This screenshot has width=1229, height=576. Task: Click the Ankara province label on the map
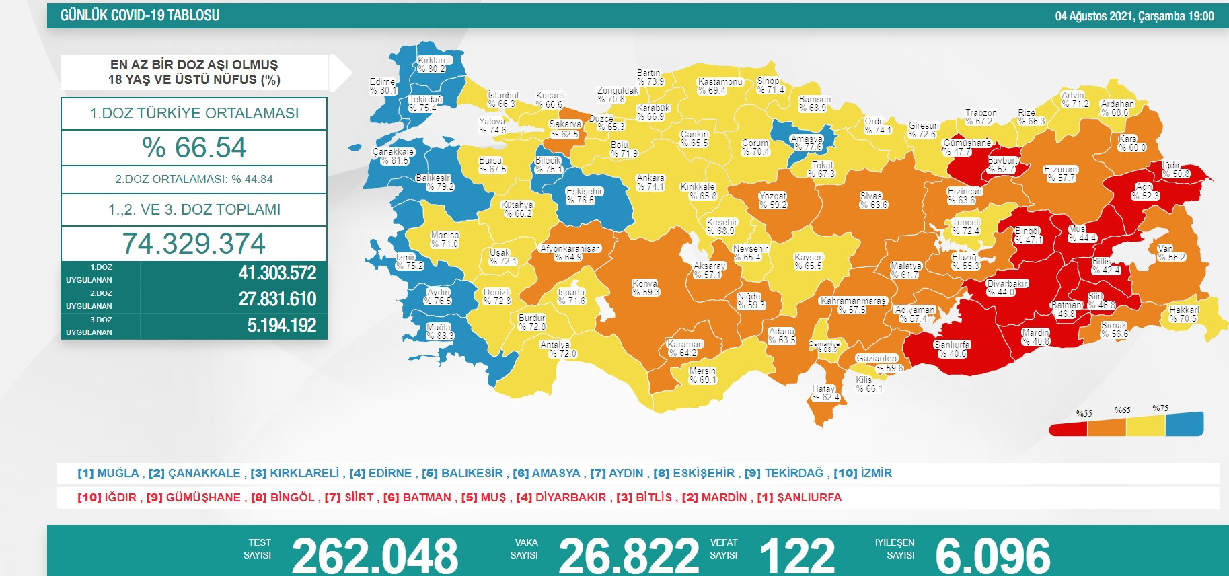[x=650, y=182]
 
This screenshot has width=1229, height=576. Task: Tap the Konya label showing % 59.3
[x=646, y=288]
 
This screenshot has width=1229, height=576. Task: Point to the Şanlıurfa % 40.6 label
[x=952, y=349]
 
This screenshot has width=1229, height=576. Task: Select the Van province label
[x=1171, y=253]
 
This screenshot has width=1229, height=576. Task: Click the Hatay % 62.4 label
[x=825, y=393]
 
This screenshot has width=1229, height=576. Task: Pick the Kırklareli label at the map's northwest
[x=435, y=65]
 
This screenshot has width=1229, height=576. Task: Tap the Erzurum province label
[x=1061, y=174]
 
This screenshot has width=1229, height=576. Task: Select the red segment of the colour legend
[x=1068, y=429]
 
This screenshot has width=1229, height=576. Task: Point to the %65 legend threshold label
[x=1122, y=410]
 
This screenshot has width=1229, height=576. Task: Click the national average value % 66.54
[x=194, y=147]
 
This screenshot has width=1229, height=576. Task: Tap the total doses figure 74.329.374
[x=194, y=244]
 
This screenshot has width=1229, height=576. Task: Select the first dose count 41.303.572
[x=277, y=273]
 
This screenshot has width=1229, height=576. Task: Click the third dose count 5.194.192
[x=281, y=326]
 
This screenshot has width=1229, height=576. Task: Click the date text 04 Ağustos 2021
[x=1094, y=16]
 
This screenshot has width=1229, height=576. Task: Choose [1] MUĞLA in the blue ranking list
[x=108, y=473]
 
